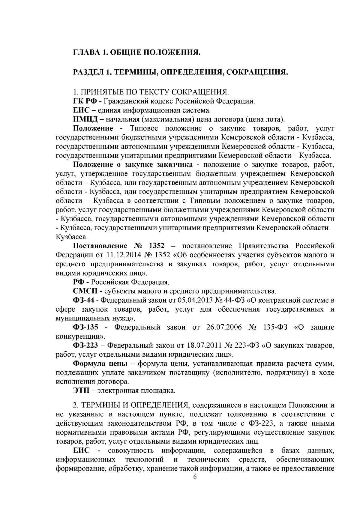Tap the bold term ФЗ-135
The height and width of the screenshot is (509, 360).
[x=85, y=327]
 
